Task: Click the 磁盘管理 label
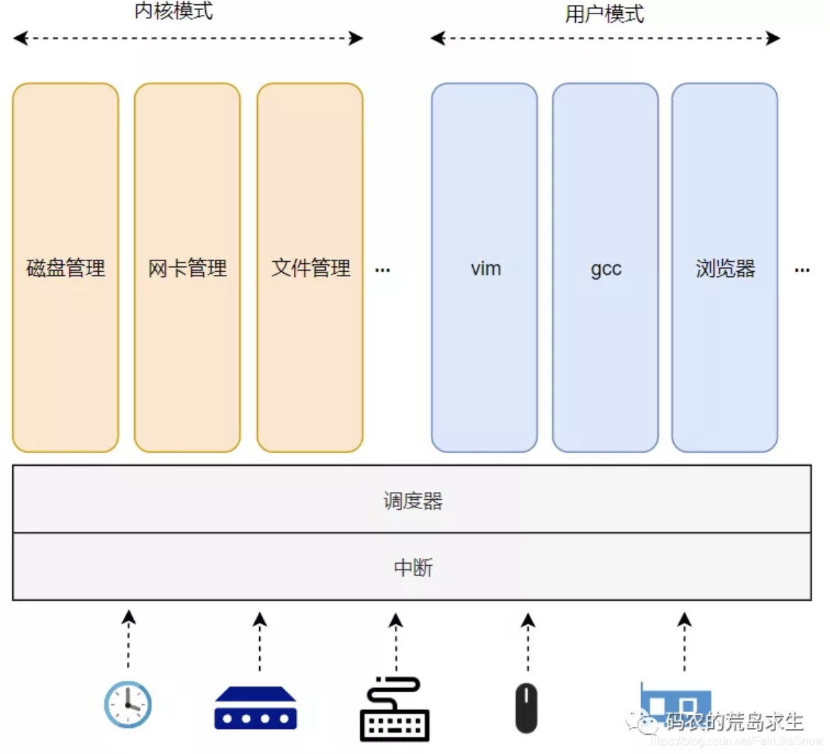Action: (65, 268)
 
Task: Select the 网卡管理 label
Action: (187, 268)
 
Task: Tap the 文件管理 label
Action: (310, 268)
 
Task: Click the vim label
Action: (486, 269)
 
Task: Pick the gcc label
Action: (606, 269)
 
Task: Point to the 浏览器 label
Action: (725, 268)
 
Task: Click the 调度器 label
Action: (413, 501)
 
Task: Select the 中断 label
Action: (413, 568)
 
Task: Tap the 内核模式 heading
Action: (173, 11)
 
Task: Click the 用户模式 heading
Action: (604, 13)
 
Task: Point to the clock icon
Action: (128, 704)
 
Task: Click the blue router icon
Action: (256, 708)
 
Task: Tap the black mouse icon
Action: (526, 708)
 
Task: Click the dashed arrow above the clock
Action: (129, 639)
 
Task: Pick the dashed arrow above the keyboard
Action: (395, 643)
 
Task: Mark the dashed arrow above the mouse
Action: (528, 643)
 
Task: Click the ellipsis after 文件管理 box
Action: (383, 270)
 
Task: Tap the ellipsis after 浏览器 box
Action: (802, 270)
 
